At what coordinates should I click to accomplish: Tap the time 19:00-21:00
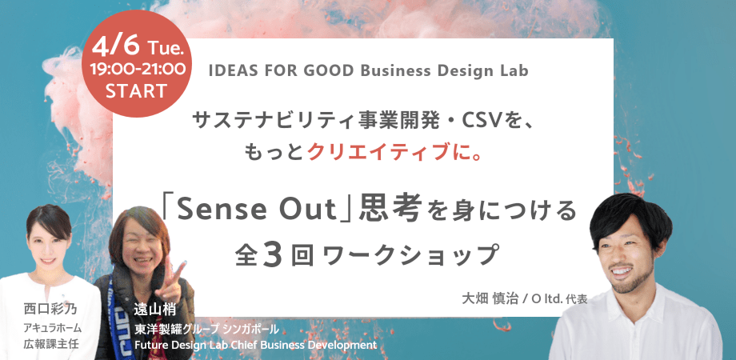point(138,70)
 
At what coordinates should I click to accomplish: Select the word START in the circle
point(136,91)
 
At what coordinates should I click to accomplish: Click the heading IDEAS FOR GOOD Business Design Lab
point(368,70)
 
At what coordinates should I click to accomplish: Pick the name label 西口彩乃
point(50,310)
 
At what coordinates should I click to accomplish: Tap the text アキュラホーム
point(53,328)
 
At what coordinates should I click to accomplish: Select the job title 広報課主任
point(51,344)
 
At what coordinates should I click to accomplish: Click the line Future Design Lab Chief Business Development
point(255,346)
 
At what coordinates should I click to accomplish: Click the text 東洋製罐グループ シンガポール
point(207,329)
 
